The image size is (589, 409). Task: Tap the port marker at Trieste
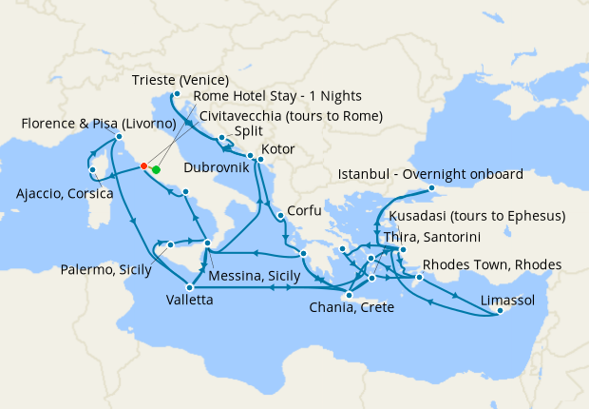177,93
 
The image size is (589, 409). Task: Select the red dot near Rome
143,166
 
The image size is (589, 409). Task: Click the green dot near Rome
156,170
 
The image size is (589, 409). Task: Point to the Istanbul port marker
432,188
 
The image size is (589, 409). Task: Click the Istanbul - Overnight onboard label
429,174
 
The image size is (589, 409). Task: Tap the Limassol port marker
501,311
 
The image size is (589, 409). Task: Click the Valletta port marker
191,287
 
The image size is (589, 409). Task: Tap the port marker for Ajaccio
93,170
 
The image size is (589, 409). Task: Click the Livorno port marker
120,137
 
